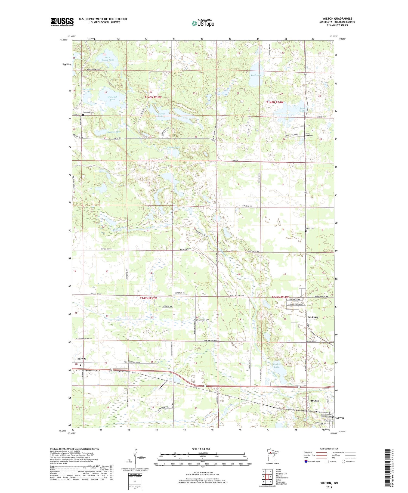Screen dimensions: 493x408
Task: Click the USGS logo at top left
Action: tap(62, 22)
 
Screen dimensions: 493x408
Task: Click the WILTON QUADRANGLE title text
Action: tap(337, 18)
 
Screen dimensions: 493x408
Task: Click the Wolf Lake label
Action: tap(256, 75)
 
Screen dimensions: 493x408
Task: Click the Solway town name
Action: tap(82, 359)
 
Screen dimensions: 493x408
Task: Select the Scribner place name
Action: tap(313, 317)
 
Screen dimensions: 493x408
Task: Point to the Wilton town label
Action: tap(315, 401)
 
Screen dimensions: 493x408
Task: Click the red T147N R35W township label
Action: tap(148, 298)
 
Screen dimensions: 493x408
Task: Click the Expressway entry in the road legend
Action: tap(309, 452)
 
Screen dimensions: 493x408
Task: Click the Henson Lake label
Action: tap(114, 132)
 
